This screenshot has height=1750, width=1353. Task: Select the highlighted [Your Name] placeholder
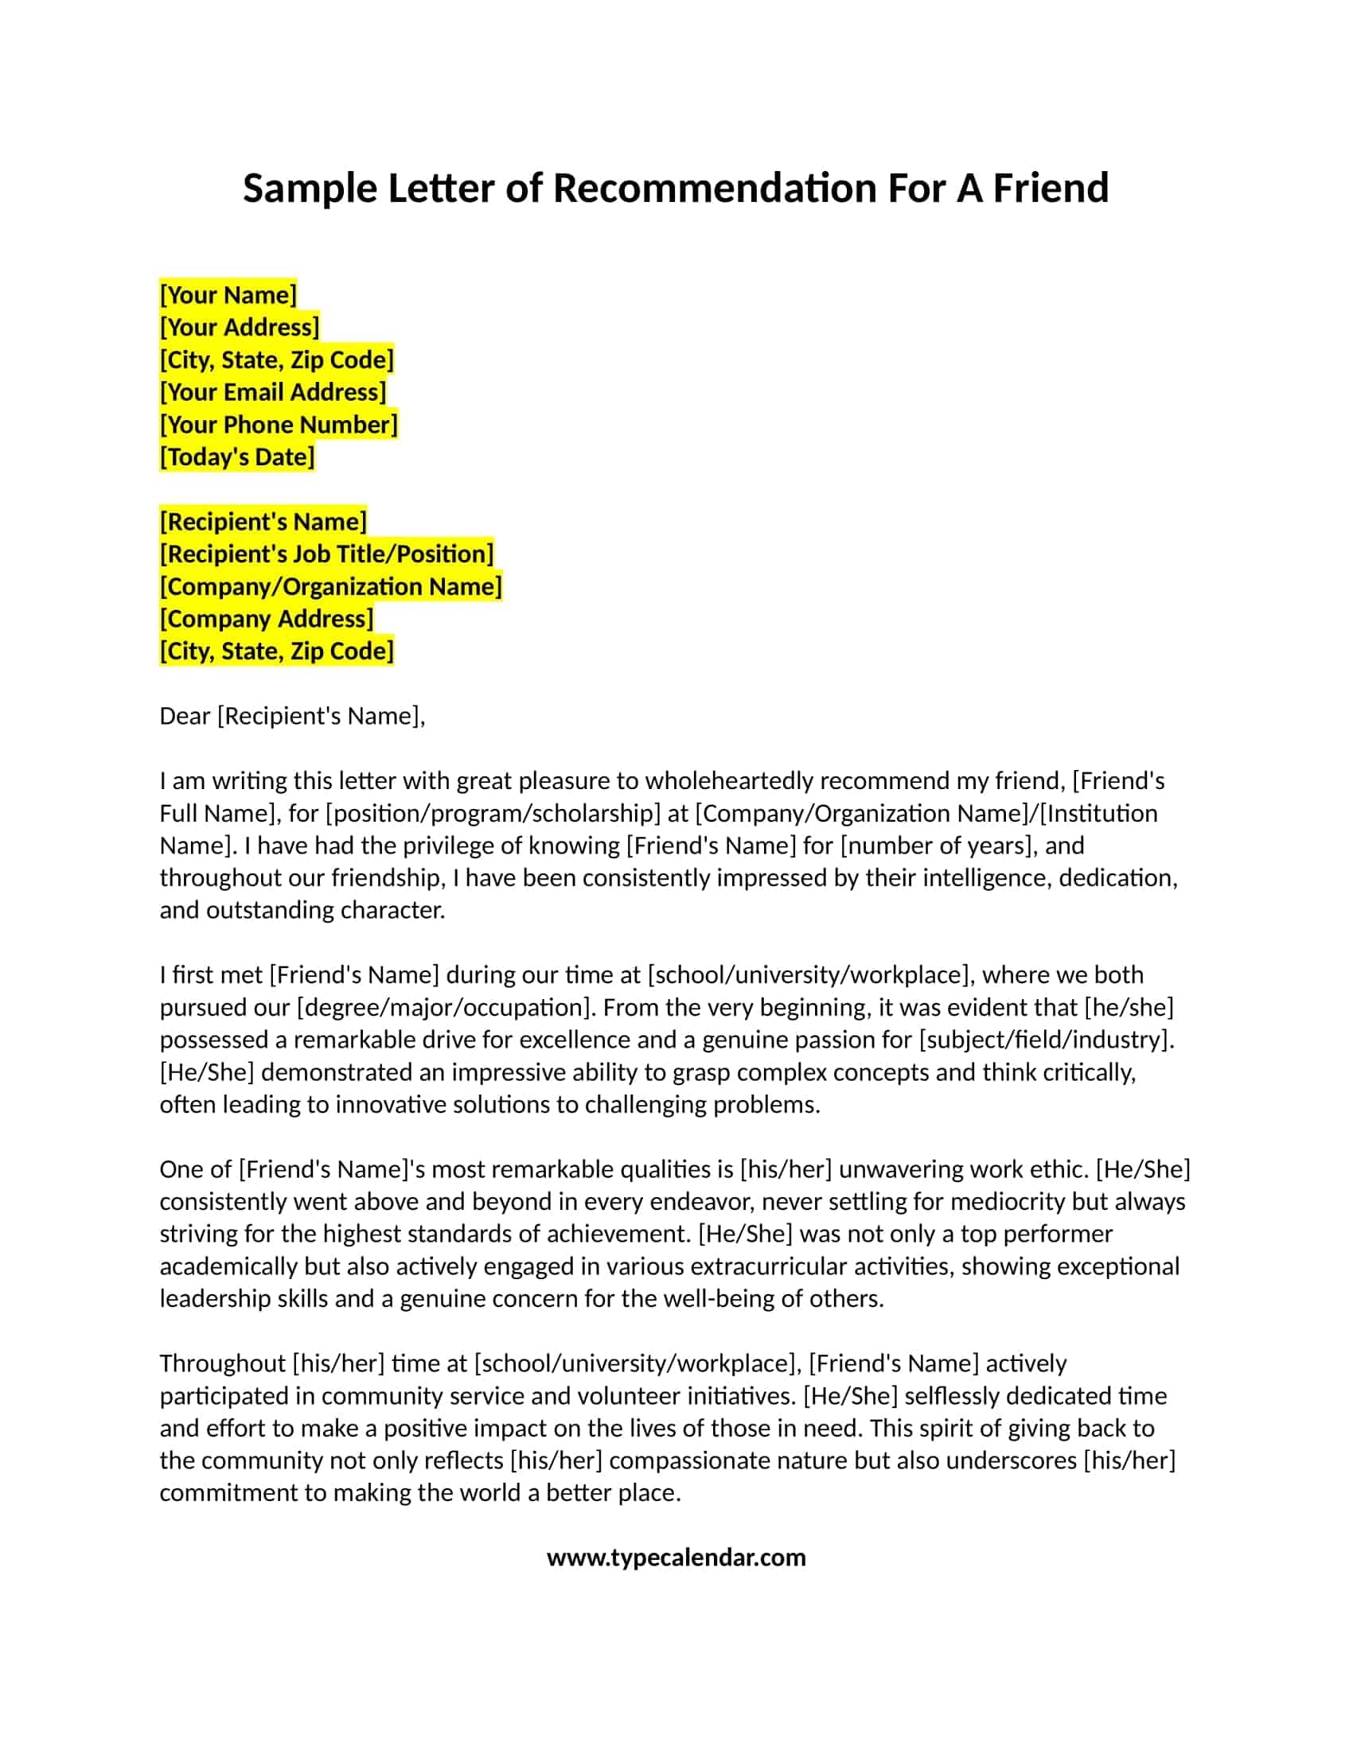click(228, 295)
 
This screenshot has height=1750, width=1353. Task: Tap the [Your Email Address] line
click(273, 392)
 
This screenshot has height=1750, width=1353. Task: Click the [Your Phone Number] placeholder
click(279, 425)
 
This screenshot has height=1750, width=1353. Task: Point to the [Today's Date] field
click(237, 457)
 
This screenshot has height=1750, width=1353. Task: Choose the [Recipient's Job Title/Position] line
click(327, 554)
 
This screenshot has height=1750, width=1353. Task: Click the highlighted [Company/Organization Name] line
click(331, 586)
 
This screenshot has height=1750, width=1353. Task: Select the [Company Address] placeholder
click(267, 619)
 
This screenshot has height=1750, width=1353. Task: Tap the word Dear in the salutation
click(185, 716)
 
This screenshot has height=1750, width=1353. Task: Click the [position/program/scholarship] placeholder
click(493, 813)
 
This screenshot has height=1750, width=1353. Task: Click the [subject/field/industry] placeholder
click(1046, 1040)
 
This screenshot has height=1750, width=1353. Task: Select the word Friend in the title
click(1051, 189)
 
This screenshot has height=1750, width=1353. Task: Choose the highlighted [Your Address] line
click(240, 327)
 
